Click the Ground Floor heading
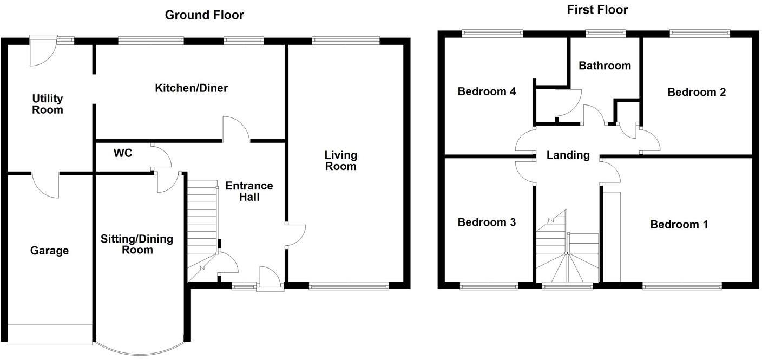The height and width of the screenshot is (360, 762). point(204,15)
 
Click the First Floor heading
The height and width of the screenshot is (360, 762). point(597,10)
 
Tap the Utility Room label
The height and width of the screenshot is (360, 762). point(48,104)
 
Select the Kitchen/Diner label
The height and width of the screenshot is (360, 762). point(191,88)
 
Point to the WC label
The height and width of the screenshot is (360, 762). point(123,153)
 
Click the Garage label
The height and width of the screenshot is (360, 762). point(49,251)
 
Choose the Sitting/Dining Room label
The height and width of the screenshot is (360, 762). point(137,244)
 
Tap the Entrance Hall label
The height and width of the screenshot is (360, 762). point(249,191)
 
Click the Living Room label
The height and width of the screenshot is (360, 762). point(340,160)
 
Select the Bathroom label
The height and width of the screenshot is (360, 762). point(605,66)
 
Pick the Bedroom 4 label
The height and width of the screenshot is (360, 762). point(487,91)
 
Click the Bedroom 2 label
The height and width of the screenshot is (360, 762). point(696,92)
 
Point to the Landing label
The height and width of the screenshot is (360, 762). point(568,155)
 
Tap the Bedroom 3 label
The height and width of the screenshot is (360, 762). point(487,222)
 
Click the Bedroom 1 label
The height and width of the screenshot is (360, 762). point(679,224)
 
